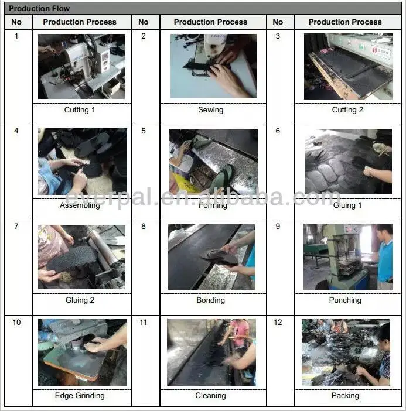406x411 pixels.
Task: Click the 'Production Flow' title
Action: click(39, 9)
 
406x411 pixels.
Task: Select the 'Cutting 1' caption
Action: click(80, 110)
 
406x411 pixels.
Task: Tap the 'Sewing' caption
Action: click(210, 110)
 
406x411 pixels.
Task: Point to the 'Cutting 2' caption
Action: click(347, 110)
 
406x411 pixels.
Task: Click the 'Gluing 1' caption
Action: click(347, 205)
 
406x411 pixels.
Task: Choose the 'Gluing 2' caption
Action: click(80, 300)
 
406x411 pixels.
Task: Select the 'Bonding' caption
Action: click(210, 300)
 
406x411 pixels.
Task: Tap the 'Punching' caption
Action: click(345, 300)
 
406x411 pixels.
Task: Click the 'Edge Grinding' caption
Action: click(80, 396)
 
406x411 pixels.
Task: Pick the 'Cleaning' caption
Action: click(210, 396)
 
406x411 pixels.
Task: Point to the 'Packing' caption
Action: click(345, 396)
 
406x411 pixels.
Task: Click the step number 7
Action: click(16, 226)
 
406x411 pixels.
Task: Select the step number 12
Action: click(278, 322)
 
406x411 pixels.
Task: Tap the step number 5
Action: click(144, 131)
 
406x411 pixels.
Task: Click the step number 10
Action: click(16, 322)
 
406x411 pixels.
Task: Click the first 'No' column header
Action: click(16, 22)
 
